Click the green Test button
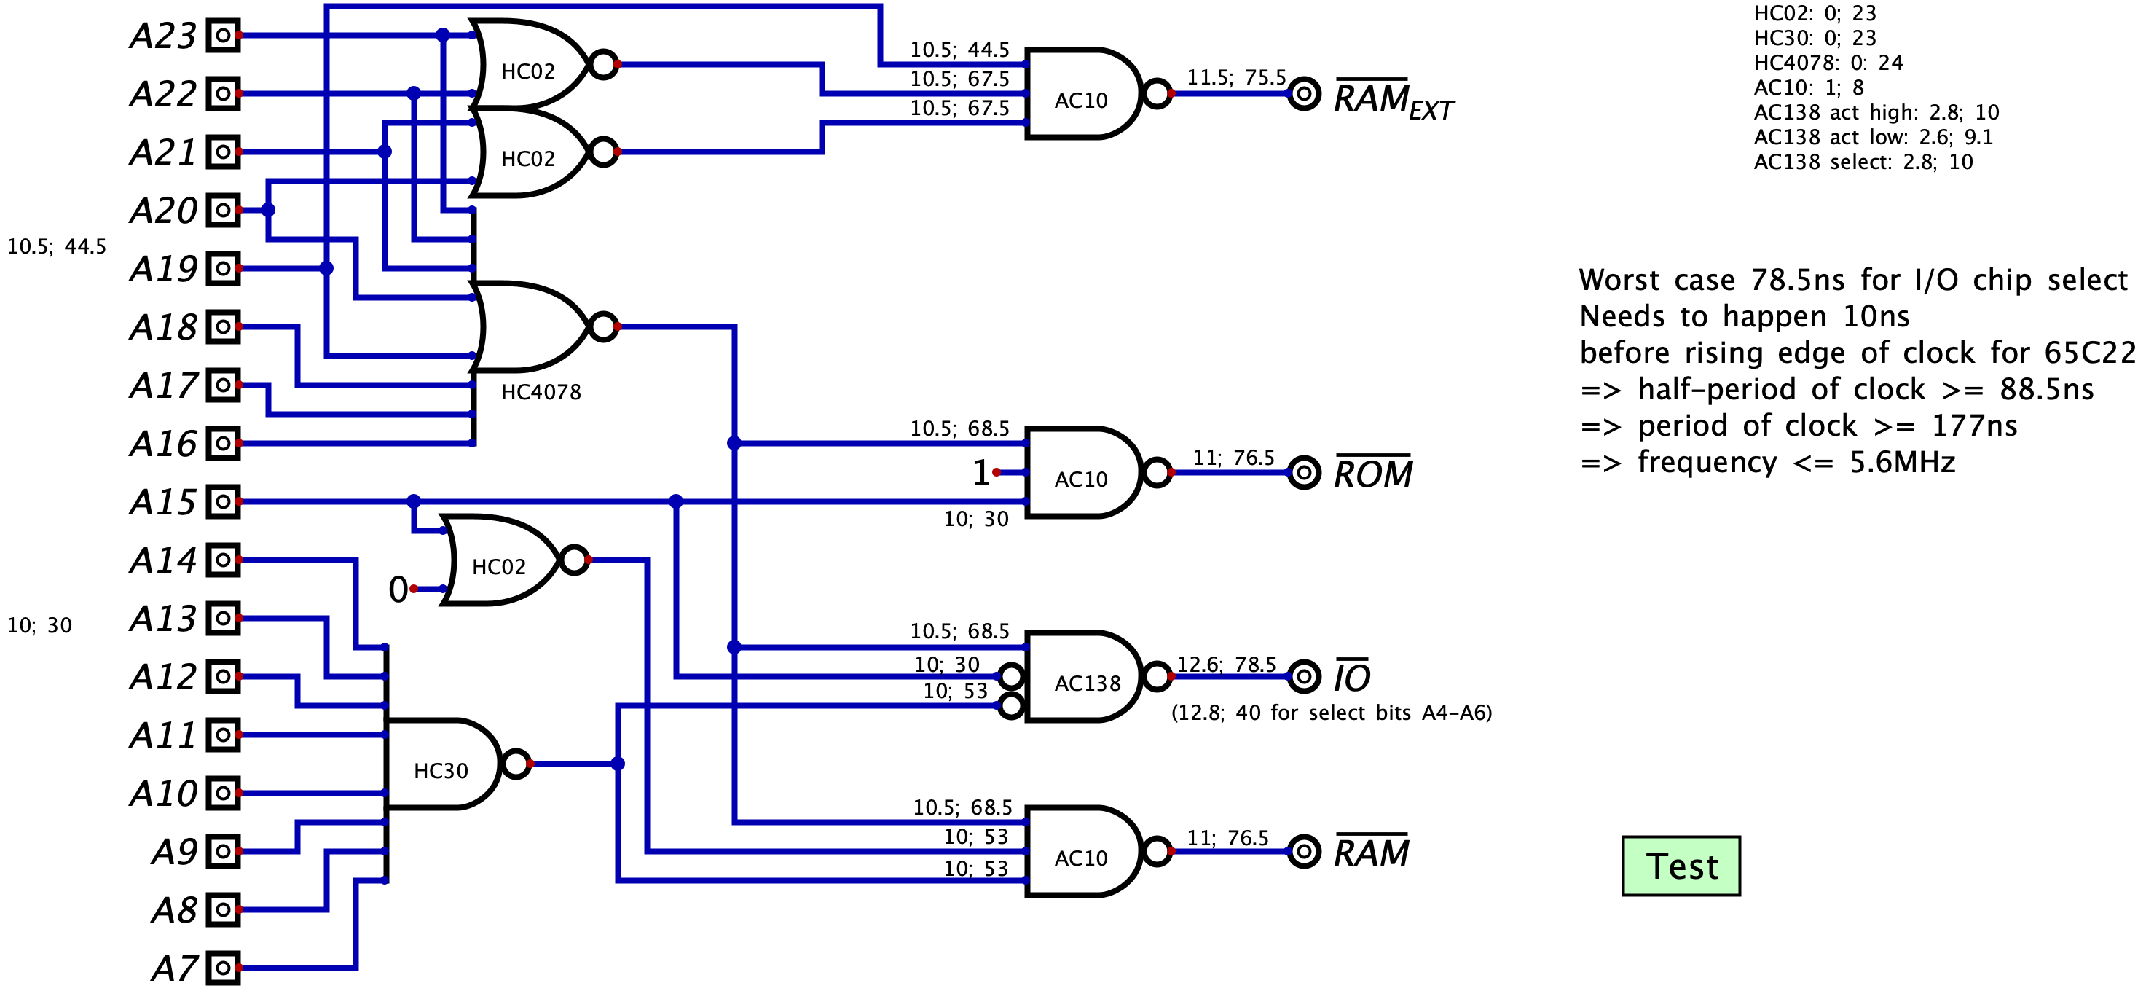[1681, 866]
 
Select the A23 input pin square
[222, 36]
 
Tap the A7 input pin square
[222, 968]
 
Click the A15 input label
[163, 503]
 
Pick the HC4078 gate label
[541, 392]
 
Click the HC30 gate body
[441, 764]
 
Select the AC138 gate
[1083, 676]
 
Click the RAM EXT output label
[1393, 100]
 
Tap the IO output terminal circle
[1304, 676]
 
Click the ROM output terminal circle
[1304, 473]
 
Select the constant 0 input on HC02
[398, 589]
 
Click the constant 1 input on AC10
[981, 473]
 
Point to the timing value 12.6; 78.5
[1225, 665]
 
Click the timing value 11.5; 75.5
[1236, 77]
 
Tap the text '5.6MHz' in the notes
[1902, 462]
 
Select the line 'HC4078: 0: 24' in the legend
[1828, 63]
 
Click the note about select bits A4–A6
[1332, 713]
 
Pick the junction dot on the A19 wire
[326, 268]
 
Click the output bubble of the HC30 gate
[516, 764]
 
